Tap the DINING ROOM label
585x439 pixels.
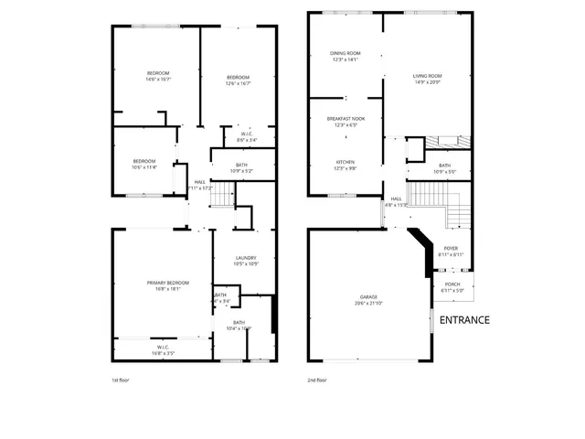[345, 54]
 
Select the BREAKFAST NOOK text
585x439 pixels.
[345, 119]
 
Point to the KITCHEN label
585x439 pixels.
[345, 161]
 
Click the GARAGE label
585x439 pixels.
[368, 297]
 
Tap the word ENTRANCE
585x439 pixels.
[464, 320]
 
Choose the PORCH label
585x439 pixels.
[452, 284]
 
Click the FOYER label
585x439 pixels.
[451, 248]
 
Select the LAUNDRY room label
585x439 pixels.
[245, 258]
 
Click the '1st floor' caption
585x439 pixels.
[122, 379]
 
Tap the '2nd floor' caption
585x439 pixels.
[318, 379]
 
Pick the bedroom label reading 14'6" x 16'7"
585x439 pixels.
[158, 72]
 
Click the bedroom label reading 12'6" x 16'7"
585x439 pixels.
[238, 77]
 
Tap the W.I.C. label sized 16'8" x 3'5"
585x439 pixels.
[161, 347]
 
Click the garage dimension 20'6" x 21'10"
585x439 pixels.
[368, 303]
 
